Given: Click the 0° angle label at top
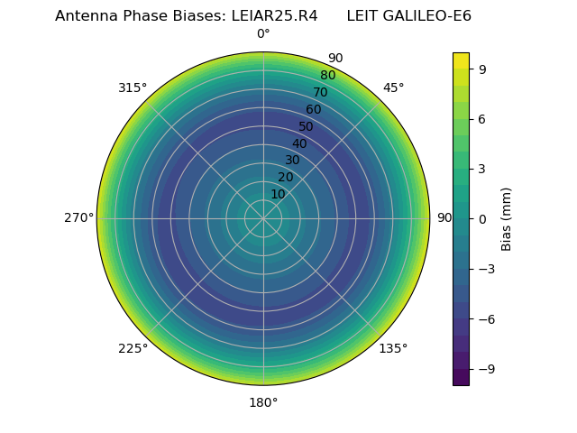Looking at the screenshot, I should point(263,34).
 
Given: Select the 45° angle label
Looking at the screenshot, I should point(393,88).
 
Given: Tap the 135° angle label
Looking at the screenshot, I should point(393,348).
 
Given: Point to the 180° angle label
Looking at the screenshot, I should point(263,402).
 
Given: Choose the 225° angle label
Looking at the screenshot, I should point(133,348).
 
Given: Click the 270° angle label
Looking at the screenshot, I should point(79,218).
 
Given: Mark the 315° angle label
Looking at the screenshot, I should point(133,88).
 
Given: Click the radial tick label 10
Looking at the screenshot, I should point(278,194).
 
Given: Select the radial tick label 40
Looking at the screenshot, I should point(299,143).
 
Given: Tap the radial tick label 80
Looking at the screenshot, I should point(327,76).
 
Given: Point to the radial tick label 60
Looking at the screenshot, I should point(313,110).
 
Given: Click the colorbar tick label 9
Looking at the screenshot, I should point(482,69).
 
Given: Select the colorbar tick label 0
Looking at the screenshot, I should point(482,218).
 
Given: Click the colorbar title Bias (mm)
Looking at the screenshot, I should point(507,218).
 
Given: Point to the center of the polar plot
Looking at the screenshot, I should point(263,218).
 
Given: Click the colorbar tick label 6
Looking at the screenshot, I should point(482,118).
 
